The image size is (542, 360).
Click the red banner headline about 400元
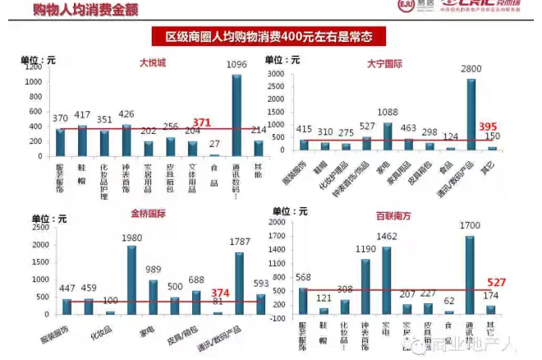pos(270,37)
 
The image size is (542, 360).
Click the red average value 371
pos(202,123)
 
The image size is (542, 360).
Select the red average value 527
pos(495,282)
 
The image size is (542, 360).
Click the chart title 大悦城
pos(152,62)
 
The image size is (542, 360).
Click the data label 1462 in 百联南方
pos(387,237)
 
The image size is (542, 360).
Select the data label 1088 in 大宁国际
pos(388,113)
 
